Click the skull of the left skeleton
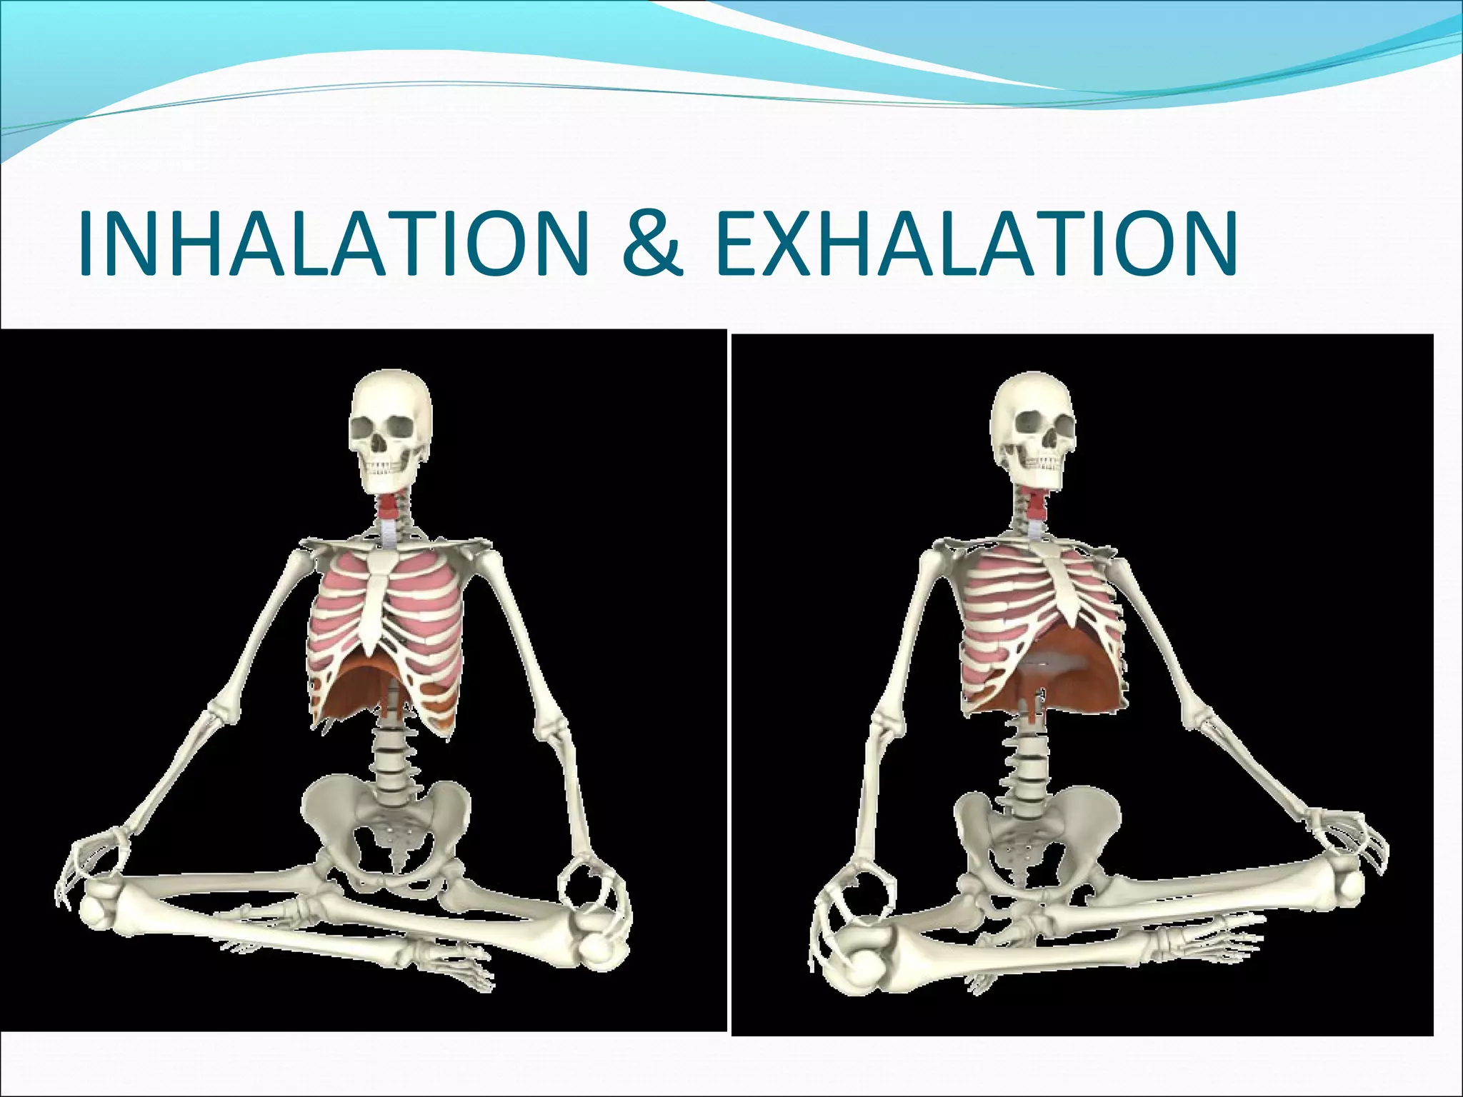click(392, 421)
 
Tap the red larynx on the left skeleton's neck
click(387, 509)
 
